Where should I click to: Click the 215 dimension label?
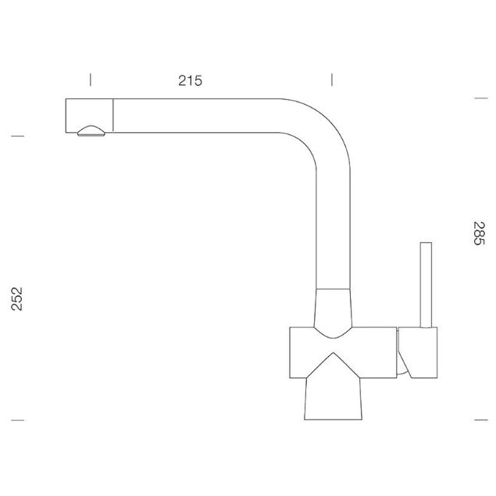[190, 80]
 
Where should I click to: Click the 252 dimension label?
[16, 299]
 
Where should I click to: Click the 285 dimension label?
[479, 234]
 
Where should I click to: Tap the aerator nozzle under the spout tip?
[91, 131]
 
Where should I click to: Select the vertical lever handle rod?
[426, 284]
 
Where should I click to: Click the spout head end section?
[89, 116]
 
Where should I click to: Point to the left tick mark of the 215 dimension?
[91, 80]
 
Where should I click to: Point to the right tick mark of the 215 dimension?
[332, 80]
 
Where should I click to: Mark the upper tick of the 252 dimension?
[18, 136]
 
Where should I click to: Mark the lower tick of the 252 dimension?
[18, 420]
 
